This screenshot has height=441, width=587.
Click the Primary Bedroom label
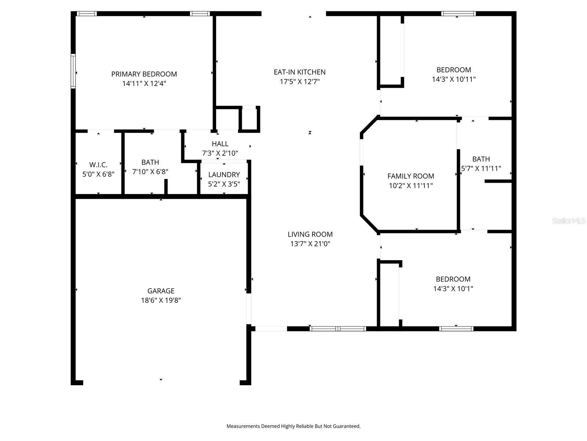tap(144, 74)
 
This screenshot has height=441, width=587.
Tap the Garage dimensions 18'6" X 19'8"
tap(161, 300)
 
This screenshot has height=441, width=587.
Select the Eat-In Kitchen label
tap(299, 72)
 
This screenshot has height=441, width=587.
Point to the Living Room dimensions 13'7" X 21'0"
tap(310, 244)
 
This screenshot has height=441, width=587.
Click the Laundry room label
tap(224, 175)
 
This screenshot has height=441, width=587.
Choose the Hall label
tap(220, 144)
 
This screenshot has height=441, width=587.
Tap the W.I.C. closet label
tap(98, 165)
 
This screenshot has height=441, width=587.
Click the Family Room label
tap(411, 176)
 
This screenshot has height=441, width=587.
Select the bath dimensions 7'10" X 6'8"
tap(150, 172)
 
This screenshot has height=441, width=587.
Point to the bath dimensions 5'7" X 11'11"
tap(481, 169)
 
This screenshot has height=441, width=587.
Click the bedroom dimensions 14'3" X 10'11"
tap(453, 79)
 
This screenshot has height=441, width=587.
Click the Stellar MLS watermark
tap(568, 220)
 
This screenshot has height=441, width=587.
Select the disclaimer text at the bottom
tap(293, 426)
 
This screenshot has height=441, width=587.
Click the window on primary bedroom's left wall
tap(73, 71)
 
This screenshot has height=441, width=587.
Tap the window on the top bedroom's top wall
tap(458, 14)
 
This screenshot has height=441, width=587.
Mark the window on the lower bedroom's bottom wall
tap(456, 329)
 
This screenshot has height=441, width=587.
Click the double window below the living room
tap(338, 329)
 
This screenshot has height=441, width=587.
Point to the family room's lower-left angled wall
tap(369, 223)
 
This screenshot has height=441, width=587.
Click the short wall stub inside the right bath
tap(498, 181)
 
